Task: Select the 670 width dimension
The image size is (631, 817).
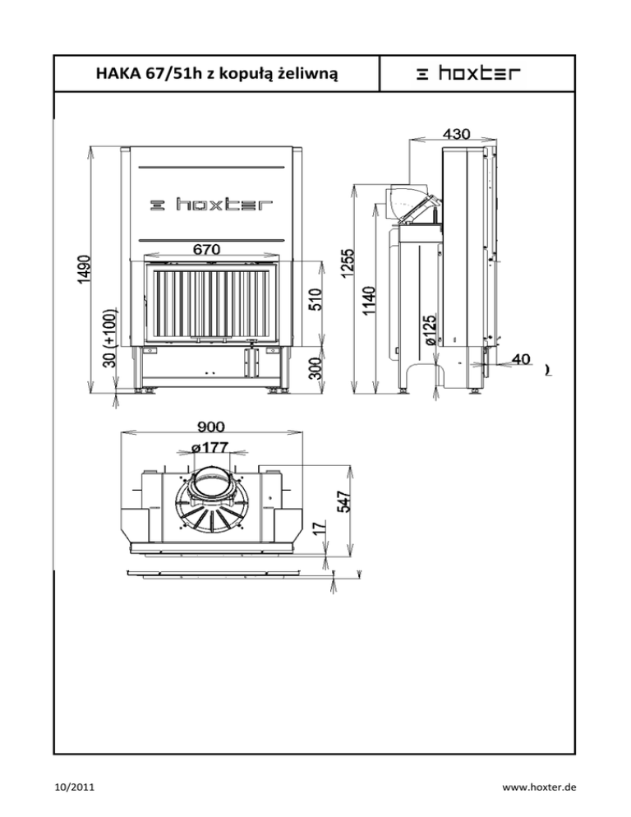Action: [207, 249]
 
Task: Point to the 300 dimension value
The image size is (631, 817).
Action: [315, 368]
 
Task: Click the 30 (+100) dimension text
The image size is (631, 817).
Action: [109, 338]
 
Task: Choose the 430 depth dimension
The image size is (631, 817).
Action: [457, 134]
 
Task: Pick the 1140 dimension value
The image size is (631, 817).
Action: [369, 301]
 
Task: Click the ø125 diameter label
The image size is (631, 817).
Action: [431, 330]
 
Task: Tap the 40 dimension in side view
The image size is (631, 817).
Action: [521, 359]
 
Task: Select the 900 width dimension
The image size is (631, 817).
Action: [211, 427]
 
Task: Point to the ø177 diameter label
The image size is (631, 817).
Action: [210, 447]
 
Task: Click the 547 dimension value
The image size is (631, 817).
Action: [344, 501]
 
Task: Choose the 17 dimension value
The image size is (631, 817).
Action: [321, 528]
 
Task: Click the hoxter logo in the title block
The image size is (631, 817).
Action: [467, 73]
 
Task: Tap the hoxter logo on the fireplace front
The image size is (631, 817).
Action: [211, 204]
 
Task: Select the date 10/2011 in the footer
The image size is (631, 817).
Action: [75, 787]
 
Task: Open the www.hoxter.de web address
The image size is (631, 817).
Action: [539, 787]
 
